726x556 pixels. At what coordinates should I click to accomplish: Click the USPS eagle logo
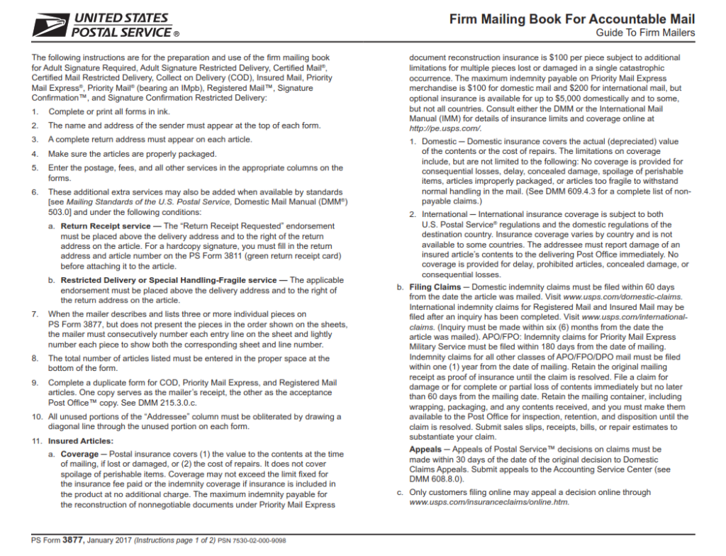click(50, 26)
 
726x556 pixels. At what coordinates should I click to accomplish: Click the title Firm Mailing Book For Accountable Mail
click(572, 19)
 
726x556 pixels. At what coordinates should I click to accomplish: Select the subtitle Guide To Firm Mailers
click(645, 33)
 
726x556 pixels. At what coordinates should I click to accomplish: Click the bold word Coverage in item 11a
click(79, 454)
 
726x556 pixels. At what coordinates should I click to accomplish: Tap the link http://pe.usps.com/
click(445, 128)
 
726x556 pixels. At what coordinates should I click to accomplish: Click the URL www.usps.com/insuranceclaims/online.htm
click(489, 502)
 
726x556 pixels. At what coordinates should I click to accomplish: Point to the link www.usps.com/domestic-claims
click(623, 296)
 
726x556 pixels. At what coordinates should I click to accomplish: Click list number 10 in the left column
click(36, 417)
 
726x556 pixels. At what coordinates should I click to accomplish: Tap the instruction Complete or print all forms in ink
click(109, 111)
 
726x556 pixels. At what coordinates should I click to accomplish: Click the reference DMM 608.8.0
click(437, 479)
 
